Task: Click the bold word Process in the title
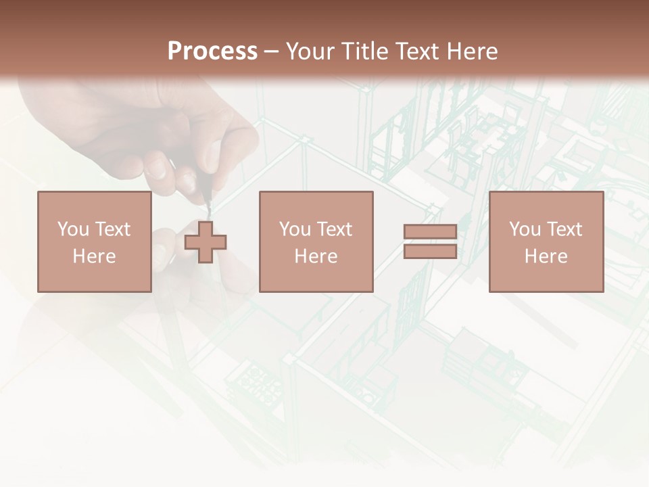click(212, 51)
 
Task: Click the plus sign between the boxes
click(206, 241)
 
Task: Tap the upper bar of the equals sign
click(430, 232)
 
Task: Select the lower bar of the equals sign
click(430, 252)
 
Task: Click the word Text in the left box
click(112, 229)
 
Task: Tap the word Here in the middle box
click(316, 256)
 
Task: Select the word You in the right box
click(525, 229)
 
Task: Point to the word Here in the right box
click(546, 256)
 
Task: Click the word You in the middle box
click(295, 229)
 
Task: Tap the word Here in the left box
click(94, 256)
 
